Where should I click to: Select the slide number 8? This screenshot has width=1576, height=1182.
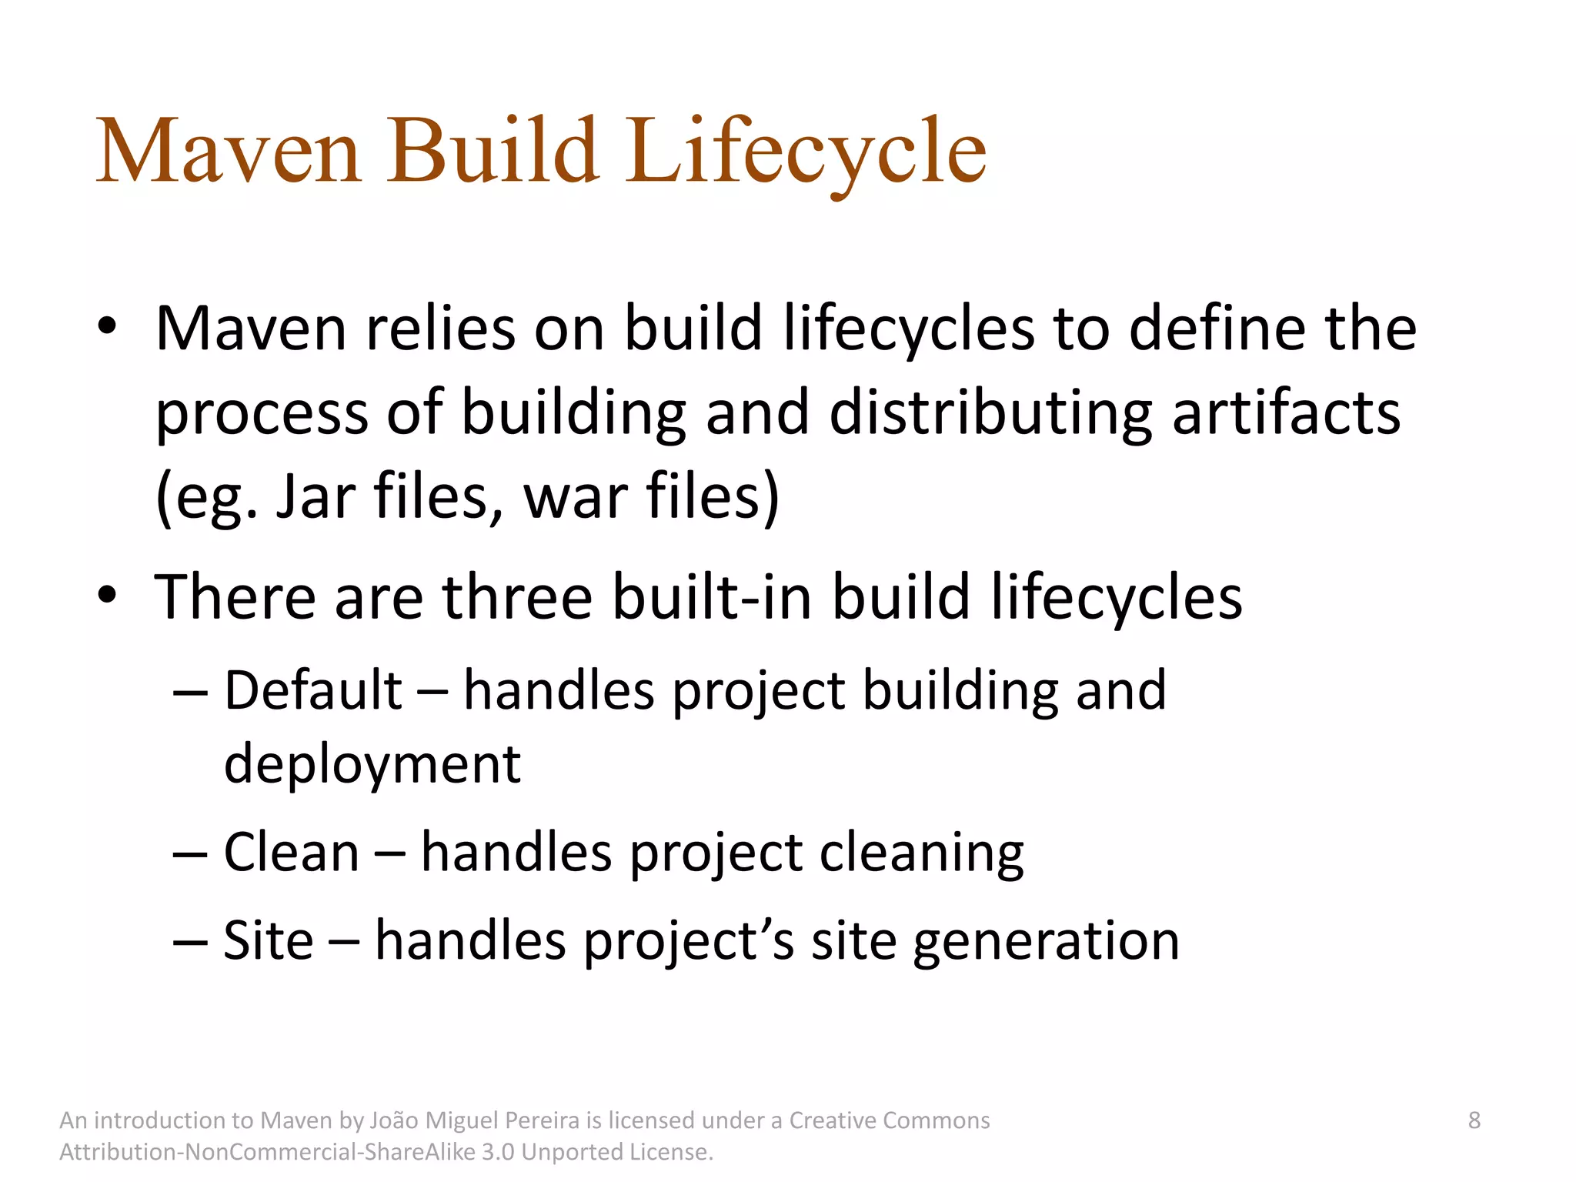(1474, 1120)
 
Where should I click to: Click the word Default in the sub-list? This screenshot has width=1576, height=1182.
(312, 689)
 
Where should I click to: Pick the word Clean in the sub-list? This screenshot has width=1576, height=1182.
(292, 853)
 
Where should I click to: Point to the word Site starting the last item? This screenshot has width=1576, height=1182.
(269, 940)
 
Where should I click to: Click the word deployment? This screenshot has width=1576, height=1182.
(372, 764)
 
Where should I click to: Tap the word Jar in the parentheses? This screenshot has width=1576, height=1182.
(316, 496)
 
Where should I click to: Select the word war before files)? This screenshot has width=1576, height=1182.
(574, 498)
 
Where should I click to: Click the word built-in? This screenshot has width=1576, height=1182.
(713, 597)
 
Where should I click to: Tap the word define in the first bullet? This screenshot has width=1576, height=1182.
(1217, 329)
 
